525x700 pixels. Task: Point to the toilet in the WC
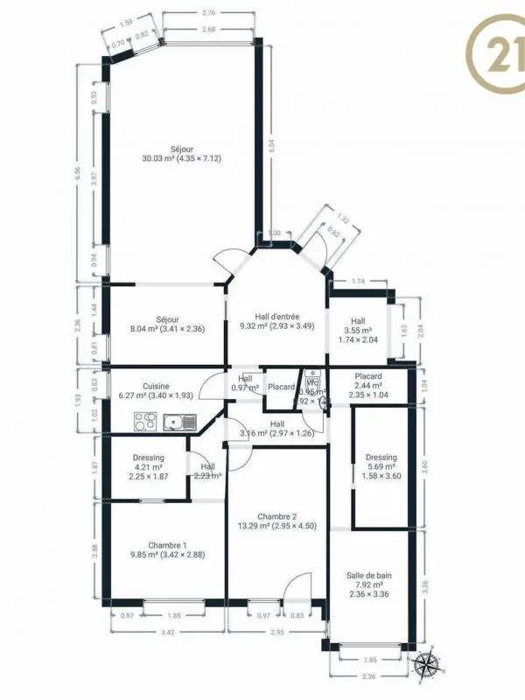click(x=323, y=401)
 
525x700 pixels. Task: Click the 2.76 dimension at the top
click(x=208, y=13)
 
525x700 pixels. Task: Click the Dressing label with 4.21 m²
click(x=149, y=458)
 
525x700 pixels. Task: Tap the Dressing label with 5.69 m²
click(x=381, y=457)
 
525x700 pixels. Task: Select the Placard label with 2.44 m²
click(x=368, y=376)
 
